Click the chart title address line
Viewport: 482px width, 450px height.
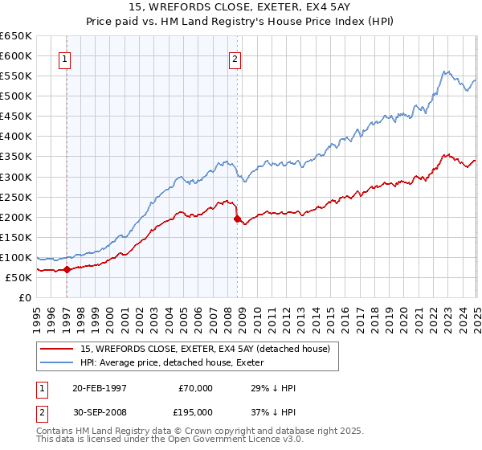tap(240, 7)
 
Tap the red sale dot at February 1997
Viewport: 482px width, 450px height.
tap(67, 270)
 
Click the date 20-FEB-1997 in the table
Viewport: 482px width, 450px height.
tap(99, 388)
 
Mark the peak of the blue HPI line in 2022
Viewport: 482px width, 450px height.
tap(444, 71)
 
